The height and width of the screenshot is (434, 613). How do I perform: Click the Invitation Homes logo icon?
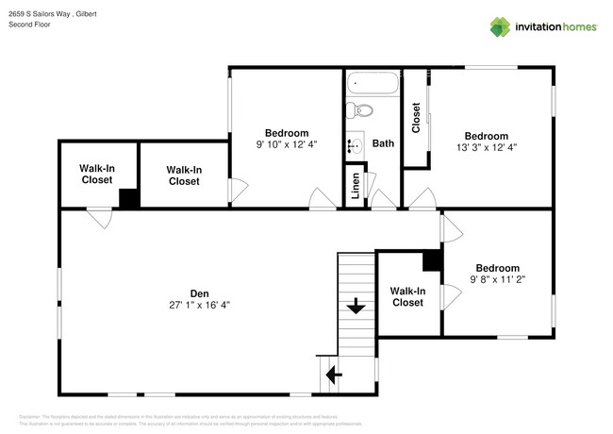coord(500,26)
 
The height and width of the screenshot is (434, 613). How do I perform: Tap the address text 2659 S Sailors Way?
coord(41,15)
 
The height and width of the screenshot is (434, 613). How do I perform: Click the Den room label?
coord(199,293)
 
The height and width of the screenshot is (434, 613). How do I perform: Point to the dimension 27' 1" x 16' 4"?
coord(199,305)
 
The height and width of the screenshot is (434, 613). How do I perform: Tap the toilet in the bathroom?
coord(362,112)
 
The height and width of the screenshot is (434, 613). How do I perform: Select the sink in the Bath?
coord(356,146)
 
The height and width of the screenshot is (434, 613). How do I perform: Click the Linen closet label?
coord(355,187)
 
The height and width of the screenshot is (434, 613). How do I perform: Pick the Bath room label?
coord(383,144)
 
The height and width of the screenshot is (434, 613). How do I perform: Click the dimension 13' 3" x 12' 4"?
coord(486,147)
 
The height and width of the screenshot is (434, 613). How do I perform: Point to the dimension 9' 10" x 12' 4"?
coord(286,144)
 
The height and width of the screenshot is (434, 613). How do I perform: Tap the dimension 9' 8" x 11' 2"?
coord(496,279)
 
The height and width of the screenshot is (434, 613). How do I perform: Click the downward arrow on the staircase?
coord(356,307)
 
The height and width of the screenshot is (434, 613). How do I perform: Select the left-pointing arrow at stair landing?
coord(334,376)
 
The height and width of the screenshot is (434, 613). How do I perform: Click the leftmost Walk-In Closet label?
coord(97,174)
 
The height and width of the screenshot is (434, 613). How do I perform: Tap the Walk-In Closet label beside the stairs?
coord(407,297)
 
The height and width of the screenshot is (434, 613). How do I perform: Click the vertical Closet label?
coord(416,118)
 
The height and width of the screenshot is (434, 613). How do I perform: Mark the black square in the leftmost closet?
coord(129,199)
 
